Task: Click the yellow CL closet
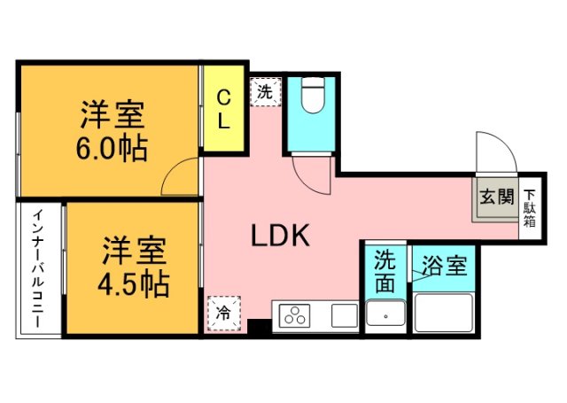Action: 224,109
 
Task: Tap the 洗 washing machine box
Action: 265,90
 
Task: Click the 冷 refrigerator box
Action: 223,313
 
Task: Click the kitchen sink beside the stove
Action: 345,315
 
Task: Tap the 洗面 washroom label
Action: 384,272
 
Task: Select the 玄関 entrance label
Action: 496,197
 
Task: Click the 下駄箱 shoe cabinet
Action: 528,207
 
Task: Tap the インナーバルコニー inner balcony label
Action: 39,270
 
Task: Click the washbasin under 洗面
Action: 385,314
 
